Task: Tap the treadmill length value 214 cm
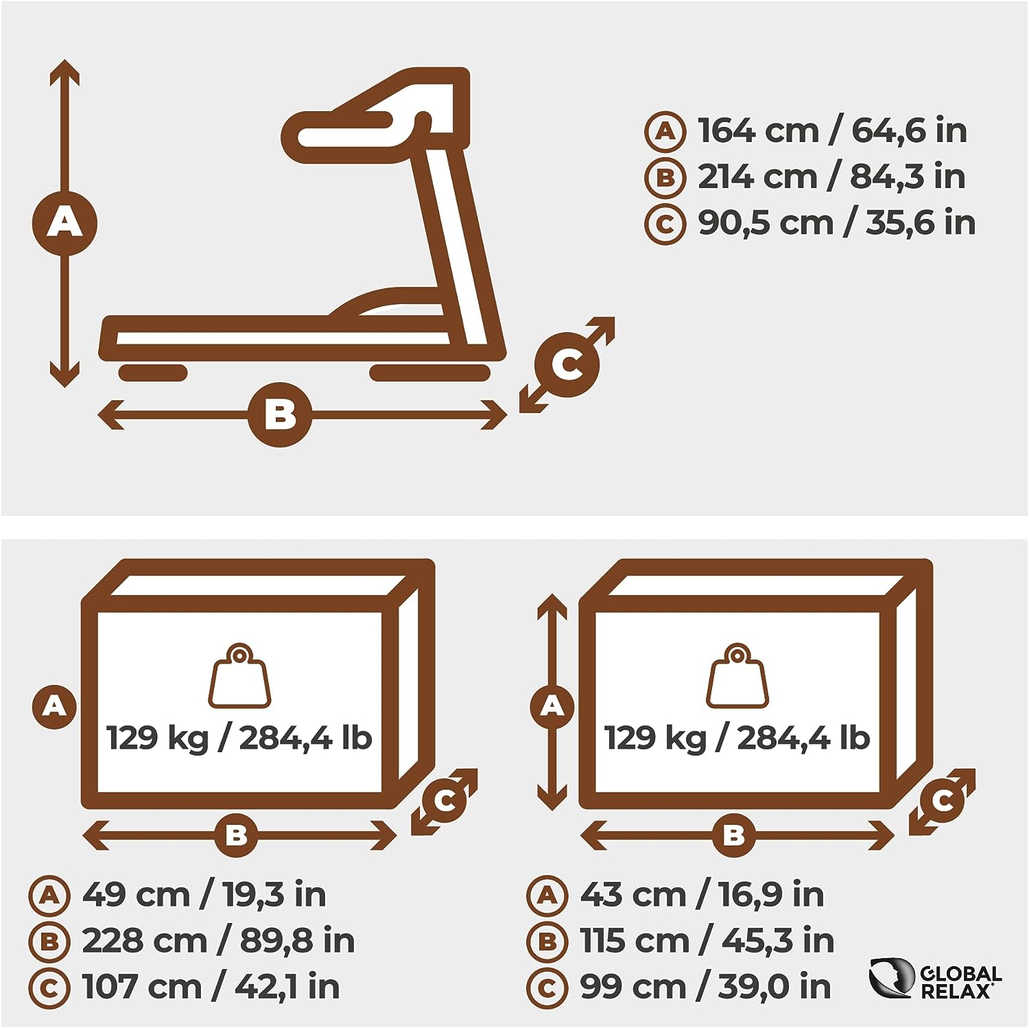click(x=757, y=176)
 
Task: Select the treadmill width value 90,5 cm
click(x=766, y=222)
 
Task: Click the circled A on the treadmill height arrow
click(x=64, y=223)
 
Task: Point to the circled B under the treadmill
click(x=280, y=414)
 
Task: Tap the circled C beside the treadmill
click(x=567, y=364)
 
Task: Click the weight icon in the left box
click(x=239, y=676)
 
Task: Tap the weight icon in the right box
click(x=737, y=676)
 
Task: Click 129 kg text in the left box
click(x=157, y=738)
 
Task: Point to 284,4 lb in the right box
click(x=803, y=738)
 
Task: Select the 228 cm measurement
click(x=144, y=940)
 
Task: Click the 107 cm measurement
click(x=142, y=986)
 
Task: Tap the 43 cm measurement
click(x=633, y=894)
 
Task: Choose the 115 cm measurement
click(x=635, y=940)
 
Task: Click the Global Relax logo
click(x=935, y=978)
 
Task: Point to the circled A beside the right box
click(x=552, y=705)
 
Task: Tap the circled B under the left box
click(x=237, y=835)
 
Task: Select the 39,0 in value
click(x=774, y=986)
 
